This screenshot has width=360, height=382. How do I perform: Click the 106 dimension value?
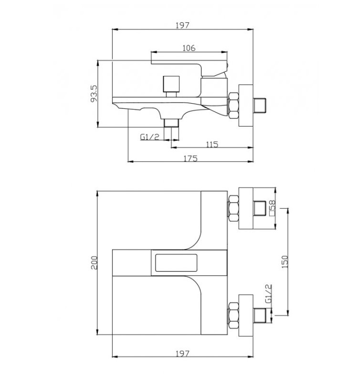coord(189,48)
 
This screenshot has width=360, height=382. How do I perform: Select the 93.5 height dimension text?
coord(94,94)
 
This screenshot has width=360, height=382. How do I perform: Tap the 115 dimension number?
coord(212,145)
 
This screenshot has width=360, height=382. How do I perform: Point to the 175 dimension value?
coord(190,159)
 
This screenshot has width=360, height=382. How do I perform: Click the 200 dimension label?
coord(94,263)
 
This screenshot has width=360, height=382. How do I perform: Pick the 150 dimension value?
coord(285,262)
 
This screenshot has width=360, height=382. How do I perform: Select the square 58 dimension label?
coord(272,208)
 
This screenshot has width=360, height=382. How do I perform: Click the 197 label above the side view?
coord(182,25)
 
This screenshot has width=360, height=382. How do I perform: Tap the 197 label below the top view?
coord(182,353)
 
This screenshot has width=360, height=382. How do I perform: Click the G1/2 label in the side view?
coord(149,137)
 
